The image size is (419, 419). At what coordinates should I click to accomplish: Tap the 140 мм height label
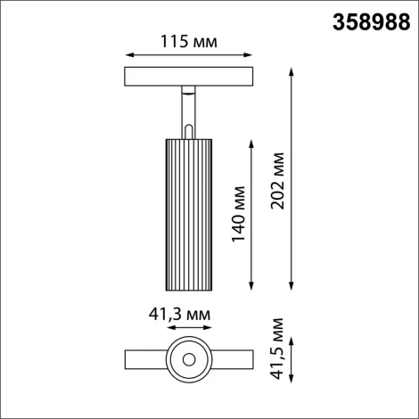[240, 213]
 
